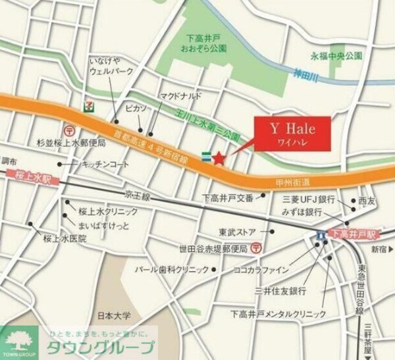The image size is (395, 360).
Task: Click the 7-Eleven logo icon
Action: click(88, 105)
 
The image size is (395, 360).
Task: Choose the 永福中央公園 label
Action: click(336, 56)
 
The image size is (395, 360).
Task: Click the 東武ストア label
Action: click(239, 232)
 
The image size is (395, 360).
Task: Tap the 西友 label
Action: click(366, 200)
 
